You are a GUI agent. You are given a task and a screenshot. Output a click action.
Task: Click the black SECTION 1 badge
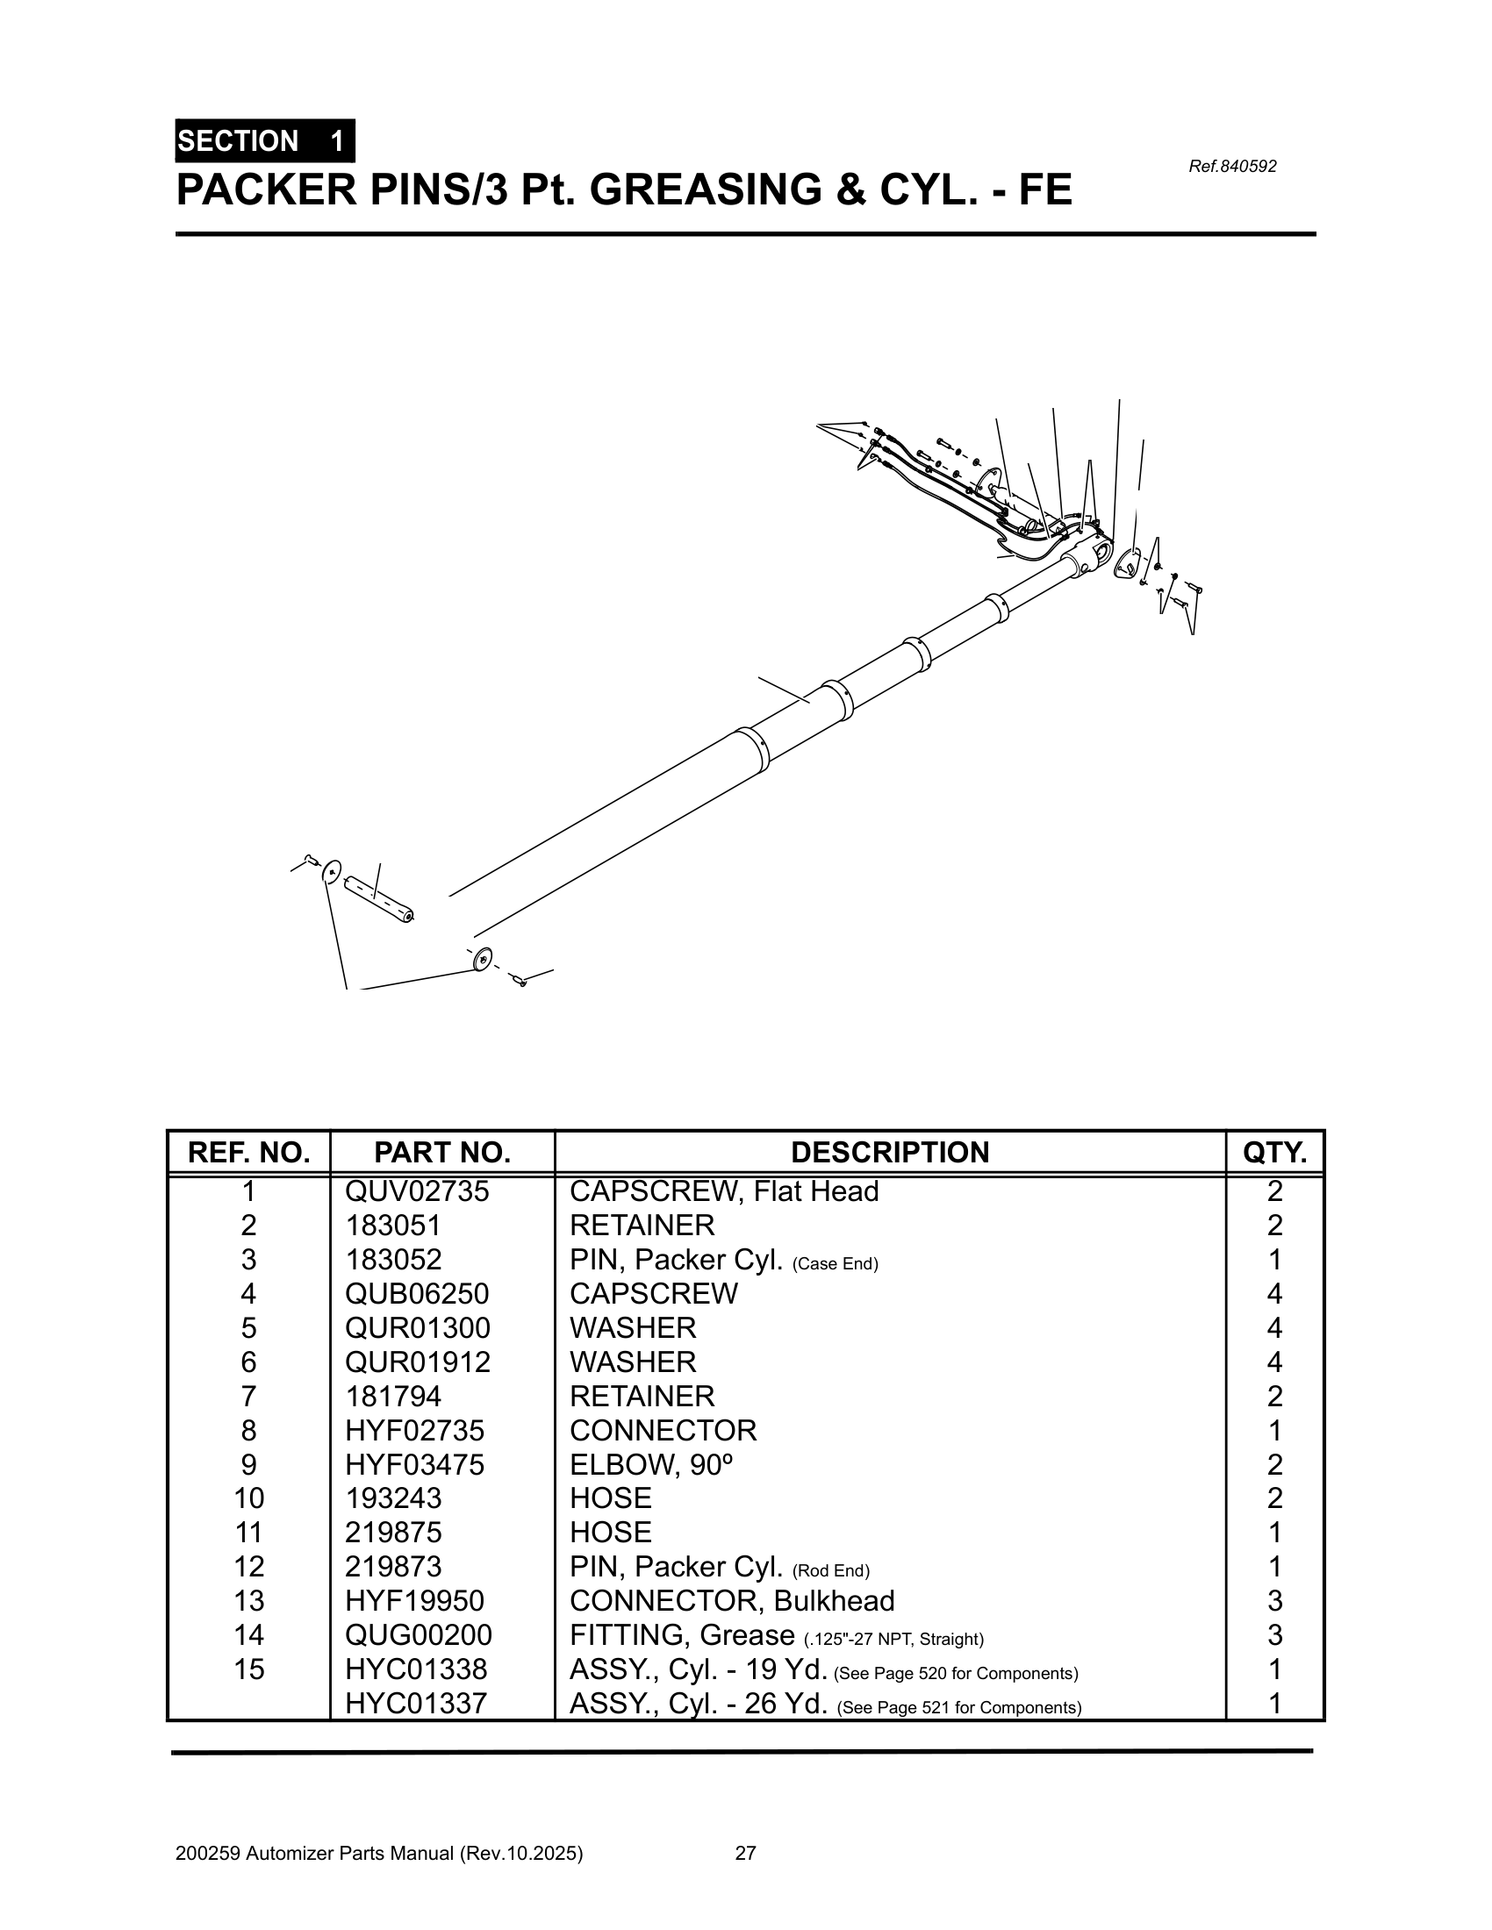pyautogui.click(x=264, y=141)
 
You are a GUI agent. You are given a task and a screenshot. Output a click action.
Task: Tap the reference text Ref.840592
pyautogui.click(x=1232, y=166)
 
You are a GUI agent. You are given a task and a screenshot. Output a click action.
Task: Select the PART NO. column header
pyautogui.click(x=442, y=1153)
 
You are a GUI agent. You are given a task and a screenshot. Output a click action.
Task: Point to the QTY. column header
pyautogui.click(x=1273, y=1153)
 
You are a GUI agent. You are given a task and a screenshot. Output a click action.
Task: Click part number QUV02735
pyautogui.click(x=416, y=1192)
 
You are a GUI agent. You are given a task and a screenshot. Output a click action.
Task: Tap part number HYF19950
pyautogui.click(x=414, y=1601)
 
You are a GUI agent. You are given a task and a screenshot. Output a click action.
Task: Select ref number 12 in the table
pyautogui.click(x=248, y=1567)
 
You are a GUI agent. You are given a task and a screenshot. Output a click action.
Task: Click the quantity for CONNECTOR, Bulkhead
pyautogui.click(x=1273, y=1601)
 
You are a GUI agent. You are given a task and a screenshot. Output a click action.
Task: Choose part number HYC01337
pyautogui.click(x=415, y=1704)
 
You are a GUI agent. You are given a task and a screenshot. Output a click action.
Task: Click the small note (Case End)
pyautogui.click(x=835, y=1263)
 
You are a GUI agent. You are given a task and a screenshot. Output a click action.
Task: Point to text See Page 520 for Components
pyautogui.click(x=956, y=1674)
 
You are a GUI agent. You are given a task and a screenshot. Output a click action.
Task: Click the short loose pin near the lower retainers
pyautogui.click(x=378, y=898)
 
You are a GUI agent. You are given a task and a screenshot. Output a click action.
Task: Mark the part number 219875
pyautogui.click(x=393, y=1533)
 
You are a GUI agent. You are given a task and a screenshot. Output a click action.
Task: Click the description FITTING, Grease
pyautogui.click(x=681, y=1636)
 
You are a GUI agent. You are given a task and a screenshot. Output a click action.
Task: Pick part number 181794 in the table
pyautogui.click(x=393, y=1397)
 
